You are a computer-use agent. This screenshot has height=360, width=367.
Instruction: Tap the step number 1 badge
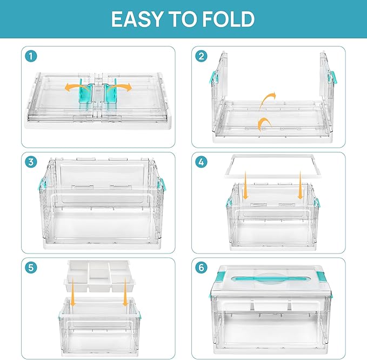point(32,56)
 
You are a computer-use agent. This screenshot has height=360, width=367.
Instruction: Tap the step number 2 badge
point(202,56)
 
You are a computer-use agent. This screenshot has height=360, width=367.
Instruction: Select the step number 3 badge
point(32,162)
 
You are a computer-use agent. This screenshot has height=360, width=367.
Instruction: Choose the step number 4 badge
point(202,162)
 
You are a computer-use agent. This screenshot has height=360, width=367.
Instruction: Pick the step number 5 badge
point(32,267)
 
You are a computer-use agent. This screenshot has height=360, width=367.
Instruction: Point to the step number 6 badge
point(202,267)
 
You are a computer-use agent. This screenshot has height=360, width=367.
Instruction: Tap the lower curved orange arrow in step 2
point(264,124)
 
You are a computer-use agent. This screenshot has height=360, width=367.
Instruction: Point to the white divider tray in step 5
point(98,276)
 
